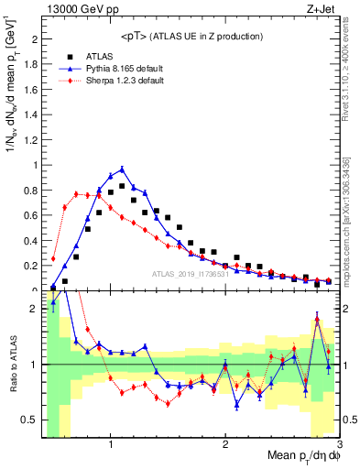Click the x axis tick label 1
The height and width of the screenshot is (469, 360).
click(111, 444)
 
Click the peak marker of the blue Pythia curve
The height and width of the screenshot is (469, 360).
click(122, 169)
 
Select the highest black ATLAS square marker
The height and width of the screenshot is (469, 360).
click(122, 186)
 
